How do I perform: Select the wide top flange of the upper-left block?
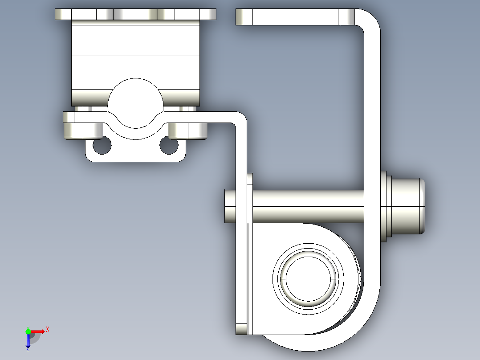(135, 14)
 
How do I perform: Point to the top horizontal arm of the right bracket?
(294, 17)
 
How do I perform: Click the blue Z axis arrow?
(28, 341)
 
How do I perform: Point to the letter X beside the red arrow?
(48, 330)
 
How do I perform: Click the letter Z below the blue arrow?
(28, 350)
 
